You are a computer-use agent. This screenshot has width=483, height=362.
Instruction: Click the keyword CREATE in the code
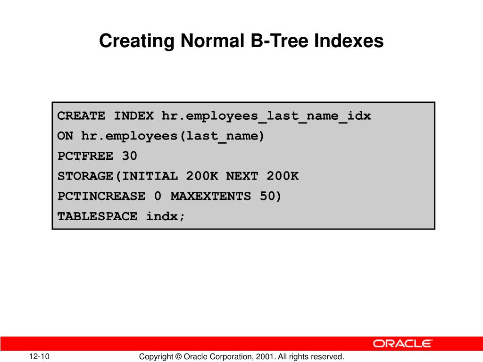point(81,116)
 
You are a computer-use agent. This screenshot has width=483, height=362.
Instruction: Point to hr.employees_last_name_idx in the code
point(266,116)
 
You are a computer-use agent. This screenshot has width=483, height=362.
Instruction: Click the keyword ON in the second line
point(65,136)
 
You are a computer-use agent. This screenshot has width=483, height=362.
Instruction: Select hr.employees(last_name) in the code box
point(173,136)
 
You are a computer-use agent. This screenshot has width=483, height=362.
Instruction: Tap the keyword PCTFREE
point(85,156)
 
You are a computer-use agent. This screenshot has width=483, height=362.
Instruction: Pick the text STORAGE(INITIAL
point(117,176)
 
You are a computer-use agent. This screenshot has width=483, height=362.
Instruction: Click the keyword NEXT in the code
point(242,176)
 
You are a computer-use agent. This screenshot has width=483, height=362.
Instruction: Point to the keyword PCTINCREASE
point(101,196)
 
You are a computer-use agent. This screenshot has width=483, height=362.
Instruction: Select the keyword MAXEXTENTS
point(210,196)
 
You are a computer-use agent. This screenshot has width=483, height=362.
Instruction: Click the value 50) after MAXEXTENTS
point(270,196)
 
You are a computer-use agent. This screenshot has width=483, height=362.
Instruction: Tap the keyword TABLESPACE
point(97,216)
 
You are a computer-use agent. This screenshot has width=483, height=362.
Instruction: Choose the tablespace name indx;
point(166,216)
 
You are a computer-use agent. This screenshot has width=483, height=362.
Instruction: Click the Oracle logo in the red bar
point(403,344)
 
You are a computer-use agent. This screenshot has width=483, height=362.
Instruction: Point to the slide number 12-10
point(42,357)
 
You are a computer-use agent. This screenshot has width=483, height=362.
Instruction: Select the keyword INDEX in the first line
point(133,116)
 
